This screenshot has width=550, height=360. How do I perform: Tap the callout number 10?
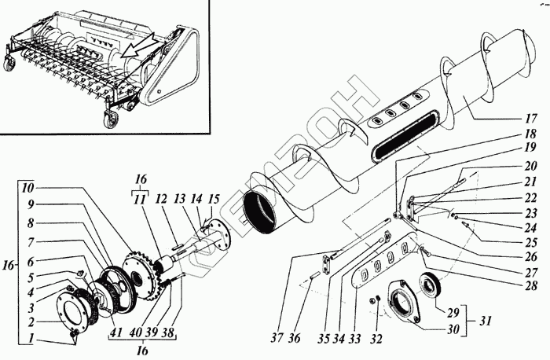coord(28,189)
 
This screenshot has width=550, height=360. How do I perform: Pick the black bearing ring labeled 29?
coord(432,284)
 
